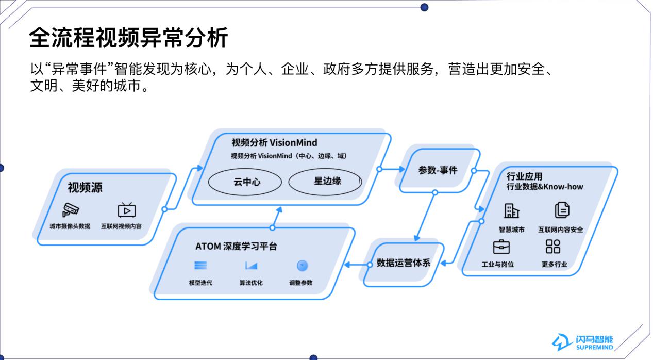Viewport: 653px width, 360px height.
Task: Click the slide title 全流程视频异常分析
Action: coord(128,38)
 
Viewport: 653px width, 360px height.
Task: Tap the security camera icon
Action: coord(71,210)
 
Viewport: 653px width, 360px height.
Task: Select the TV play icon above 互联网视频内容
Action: coord(126,210)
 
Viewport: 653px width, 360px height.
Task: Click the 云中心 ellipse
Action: coord(245,182)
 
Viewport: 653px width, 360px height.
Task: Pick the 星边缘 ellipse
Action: coord(325,182)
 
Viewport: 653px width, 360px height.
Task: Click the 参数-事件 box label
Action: coord(438,170)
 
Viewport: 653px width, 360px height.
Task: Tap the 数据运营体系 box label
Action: coord(404,263)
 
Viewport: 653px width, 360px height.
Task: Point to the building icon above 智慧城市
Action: coord(512,210)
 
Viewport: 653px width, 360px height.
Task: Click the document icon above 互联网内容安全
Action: coord(562,210)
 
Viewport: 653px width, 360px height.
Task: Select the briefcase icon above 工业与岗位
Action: coord(501,247)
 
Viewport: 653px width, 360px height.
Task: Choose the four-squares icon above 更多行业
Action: coord(552,247)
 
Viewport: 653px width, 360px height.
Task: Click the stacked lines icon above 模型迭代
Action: coord(200,266)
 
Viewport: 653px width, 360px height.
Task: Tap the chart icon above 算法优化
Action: coord(251,266)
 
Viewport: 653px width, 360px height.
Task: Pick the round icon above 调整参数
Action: coord(303,266)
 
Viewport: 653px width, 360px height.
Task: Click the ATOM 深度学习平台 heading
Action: coord(236,246)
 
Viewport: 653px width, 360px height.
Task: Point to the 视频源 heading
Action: coord(85,187)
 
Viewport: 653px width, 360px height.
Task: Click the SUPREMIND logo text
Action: coord(595,347)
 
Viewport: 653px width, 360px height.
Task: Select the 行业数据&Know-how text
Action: coord(545,187)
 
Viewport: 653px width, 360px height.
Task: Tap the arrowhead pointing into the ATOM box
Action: coord(347,265)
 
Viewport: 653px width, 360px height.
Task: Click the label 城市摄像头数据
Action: coord(70,226)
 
